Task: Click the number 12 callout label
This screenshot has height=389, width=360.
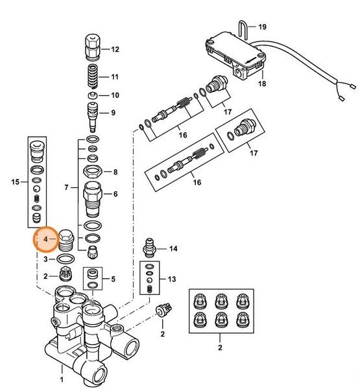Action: (115, 49)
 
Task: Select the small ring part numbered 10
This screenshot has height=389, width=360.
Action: (93, 95)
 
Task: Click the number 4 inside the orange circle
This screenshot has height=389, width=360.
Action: (45, 240)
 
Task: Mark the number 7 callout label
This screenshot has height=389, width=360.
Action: (66, 187)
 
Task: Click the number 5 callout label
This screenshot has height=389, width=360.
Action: (113, 279)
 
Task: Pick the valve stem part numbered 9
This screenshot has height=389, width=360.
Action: (92, 114)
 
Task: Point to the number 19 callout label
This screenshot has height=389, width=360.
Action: (263, 27)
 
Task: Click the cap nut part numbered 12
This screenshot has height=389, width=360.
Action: (92, 47)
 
